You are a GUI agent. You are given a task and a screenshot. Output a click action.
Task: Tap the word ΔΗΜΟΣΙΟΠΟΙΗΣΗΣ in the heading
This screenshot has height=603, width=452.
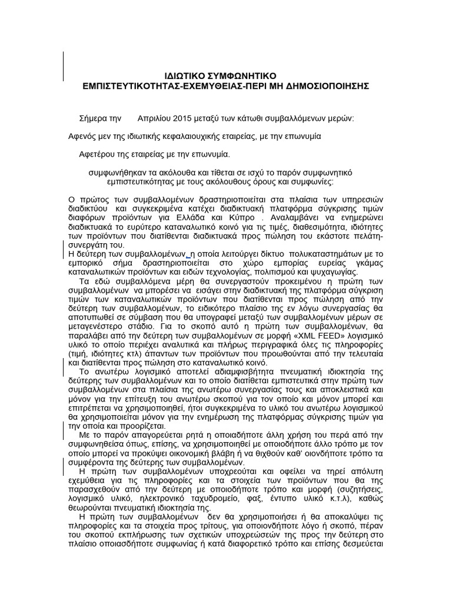pyautogui.click(x=327, y=86)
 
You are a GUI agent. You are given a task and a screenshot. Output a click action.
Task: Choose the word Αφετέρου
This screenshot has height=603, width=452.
pyautogui.click(x=97, y=154)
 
